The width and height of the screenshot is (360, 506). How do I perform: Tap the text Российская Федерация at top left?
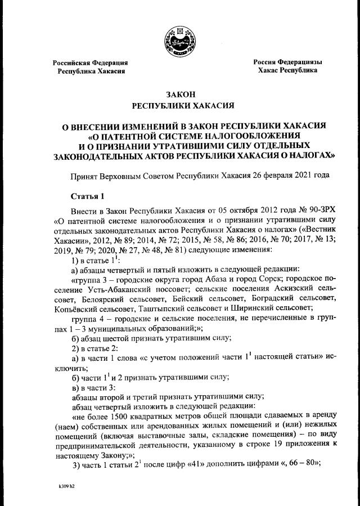coord(91,62)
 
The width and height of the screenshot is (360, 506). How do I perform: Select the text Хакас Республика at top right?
coord(287,71)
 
